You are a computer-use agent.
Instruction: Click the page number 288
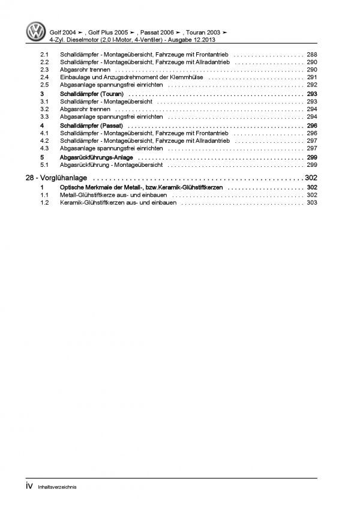pos(311,54)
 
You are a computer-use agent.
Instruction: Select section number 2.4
pos(45,77)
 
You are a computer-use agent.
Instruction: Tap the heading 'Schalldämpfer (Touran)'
pos(91,94)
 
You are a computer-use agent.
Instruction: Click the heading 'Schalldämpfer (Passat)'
pos(91,125)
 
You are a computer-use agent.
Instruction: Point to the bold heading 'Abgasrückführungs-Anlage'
pos(96,157)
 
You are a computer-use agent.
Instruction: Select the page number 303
pos(311,203)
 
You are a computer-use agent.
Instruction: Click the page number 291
pos(311,77)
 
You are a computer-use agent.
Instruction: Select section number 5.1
pos(45,164)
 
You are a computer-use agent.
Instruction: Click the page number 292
pos(311,85)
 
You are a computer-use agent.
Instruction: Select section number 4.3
pos(45,148)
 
